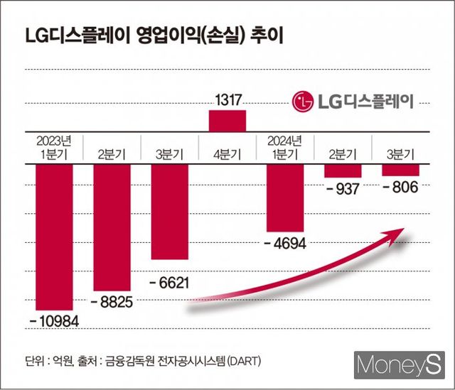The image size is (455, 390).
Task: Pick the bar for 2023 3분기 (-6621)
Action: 169,213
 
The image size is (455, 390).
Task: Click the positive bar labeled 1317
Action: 227,120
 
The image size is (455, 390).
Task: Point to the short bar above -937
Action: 343,172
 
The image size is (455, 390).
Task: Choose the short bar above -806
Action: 401,171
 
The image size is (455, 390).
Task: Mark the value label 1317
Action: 227,100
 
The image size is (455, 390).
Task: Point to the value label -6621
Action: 169,283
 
